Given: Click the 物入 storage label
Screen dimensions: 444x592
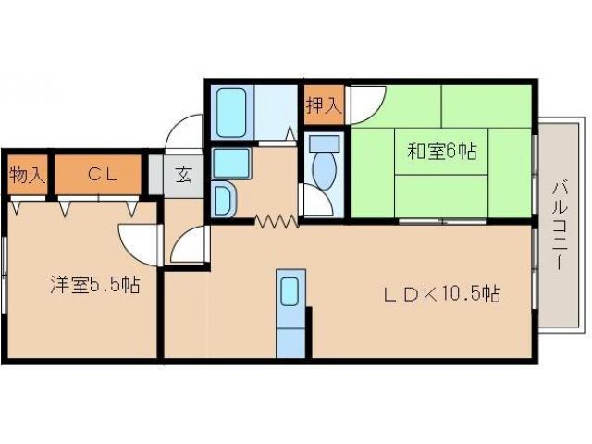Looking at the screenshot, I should (x=27, y=174).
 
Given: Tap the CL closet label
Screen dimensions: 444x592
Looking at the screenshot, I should (x=102, y=174).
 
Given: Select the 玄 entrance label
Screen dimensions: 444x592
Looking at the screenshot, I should (x=184, y=175).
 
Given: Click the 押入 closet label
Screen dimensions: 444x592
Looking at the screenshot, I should (x=324, y=105).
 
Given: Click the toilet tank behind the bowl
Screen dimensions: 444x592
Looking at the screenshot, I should (x=324, y=144).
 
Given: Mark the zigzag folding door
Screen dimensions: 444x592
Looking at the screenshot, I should (x=275, y=221).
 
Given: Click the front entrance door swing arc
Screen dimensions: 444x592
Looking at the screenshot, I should (x=185, y=131).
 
